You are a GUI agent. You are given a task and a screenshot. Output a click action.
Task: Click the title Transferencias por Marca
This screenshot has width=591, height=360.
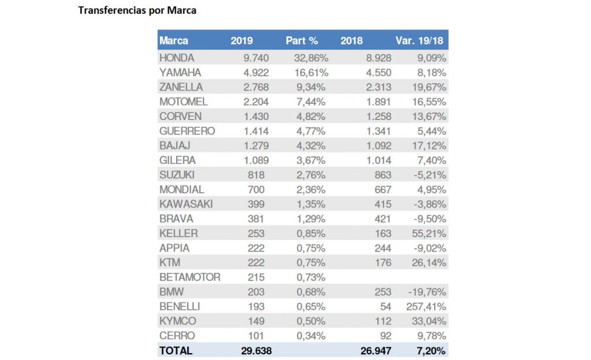[137, 10]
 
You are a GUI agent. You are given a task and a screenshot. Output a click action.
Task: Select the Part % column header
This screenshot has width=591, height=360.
[302, 41]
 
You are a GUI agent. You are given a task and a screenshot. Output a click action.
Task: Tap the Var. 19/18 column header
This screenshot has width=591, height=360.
[420, 41]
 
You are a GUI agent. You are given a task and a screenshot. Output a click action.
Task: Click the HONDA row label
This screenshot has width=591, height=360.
[177, 58]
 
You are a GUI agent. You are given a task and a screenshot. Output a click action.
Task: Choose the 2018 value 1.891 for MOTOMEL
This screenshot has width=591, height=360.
[377, 102]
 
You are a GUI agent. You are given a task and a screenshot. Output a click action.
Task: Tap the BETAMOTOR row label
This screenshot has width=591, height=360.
[190, 277]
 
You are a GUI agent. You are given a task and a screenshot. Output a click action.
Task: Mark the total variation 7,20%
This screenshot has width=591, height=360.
[431, 350]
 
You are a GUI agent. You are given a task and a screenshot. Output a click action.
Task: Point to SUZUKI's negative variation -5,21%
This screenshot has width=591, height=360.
[430, 175]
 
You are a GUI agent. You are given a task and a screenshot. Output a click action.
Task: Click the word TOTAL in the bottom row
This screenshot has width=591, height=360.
[176, 350]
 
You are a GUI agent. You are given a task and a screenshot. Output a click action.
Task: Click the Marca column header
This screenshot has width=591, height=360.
[174, 41]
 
